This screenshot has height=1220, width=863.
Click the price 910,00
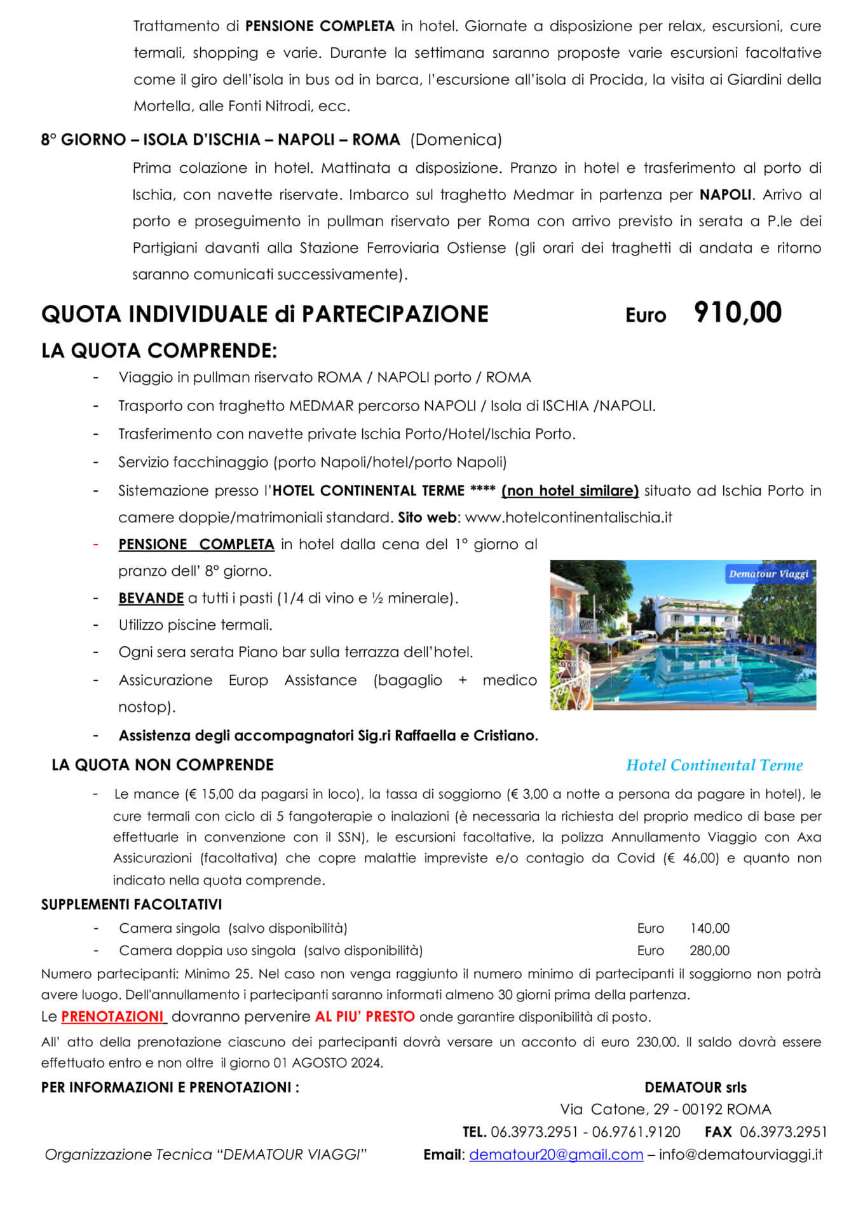(737, 313)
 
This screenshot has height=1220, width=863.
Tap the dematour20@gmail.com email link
(556, 1155)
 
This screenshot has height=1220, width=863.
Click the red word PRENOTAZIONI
(112, 1017)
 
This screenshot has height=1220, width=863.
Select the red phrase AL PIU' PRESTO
(365, 1017)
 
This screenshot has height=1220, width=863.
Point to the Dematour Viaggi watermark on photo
(768, 574)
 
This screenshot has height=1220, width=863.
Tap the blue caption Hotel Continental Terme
(714, 765)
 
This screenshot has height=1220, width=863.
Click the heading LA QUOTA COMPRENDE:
(159, 351)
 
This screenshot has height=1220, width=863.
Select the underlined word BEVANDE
(151, 598)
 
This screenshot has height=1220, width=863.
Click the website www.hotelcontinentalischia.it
(568, 517)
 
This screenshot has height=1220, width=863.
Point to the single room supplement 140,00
(710, 928)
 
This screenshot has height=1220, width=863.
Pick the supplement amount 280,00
(710, 951)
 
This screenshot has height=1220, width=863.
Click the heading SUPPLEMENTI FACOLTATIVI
(132, 904)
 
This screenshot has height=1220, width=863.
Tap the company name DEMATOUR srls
(695, 1087)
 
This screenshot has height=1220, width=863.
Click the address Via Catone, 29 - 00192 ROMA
(665, 1109)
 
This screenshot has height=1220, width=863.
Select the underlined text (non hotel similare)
(570, 491)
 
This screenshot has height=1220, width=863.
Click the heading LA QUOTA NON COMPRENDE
(163, 765)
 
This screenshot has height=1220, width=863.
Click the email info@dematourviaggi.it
(740, 1155)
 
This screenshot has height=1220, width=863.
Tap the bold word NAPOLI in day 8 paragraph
(725, 194)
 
